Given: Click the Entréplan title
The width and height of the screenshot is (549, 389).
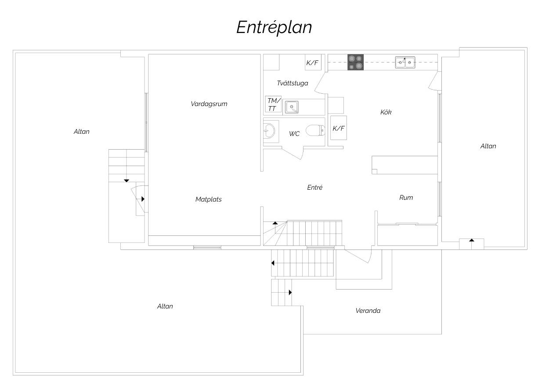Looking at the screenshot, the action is [274, 28].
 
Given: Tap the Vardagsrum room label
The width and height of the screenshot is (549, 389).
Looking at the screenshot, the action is [209, 104].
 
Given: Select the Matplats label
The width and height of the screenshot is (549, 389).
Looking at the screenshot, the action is [208, 199].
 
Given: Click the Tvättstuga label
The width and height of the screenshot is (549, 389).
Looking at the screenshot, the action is [293, 84].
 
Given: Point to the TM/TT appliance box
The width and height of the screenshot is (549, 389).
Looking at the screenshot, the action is [273, 104].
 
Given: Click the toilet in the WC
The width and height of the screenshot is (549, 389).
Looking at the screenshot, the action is [315, 130].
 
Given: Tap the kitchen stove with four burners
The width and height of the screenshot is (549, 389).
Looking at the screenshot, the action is [355, 62].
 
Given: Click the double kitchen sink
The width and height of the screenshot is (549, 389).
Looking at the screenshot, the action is [405, 62].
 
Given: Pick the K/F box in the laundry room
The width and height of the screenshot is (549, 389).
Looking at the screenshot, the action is [313, 62].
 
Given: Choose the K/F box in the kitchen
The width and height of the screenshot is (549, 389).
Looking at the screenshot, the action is [339, 128].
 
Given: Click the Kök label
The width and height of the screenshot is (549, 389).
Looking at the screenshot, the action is [386, 113].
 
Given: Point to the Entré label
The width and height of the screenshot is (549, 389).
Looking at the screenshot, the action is [315, 187].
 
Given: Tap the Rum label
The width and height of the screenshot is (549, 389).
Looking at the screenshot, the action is [406, 198].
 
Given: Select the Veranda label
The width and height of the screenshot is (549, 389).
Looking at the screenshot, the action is [368, 311].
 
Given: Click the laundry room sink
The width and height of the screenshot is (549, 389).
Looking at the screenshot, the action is [292, 107].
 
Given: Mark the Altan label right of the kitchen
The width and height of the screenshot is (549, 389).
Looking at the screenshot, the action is [488, 146].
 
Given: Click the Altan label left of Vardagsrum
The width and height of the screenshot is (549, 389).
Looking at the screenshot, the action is [81, 132].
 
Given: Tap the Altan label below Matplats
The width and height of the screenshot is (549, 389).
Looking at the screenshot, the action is [165, 306].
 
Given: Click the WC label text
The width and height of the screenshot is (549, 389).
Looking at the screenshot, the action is [294, 134].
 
